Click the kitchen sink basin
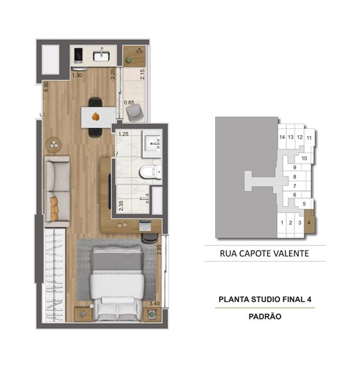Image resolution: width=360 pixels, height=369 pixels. coord(101,56)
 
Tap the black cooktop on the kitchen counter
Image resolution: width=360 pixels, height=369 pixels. coord(78,55)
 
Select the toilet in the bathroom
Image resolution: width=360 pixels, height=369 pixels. coord(150,172)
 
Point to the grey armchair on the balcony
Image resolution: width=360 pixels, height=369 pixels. coord(134,113)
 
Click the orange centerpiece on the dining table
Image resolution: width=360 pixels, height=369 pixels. coord(95,116)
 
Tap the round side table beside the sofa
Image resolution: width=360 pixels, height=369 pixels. coord(54,145)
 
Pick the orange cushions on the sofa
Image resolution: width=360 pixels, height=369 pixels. coord(54,208)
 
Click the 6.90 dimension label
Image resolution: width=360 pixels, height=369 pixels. coord(46,86)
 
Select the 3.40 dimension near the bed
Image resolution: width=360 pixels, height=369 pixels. coord(155,304)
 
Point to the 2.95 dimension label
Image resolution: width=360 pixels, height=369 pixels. coord(159,249)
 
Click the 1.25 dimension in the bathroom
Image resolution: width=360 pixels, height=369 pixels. coord(123,134)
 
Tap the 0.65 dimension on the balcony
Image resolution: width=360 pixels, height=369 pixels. coord(129,102)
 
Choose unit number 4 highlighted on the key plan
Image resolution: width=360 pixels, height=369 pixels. coord(309,223)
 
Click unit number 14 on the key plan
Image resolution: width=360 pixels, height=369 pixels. coord(282,137)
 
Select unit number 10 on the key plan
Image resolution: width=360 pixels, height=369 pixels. coord(304,158)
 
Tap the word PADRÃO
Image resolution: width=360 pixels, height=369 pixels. coord(265,316)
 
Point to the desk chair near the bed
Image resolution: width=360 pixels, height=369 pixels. coord(150,238)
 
